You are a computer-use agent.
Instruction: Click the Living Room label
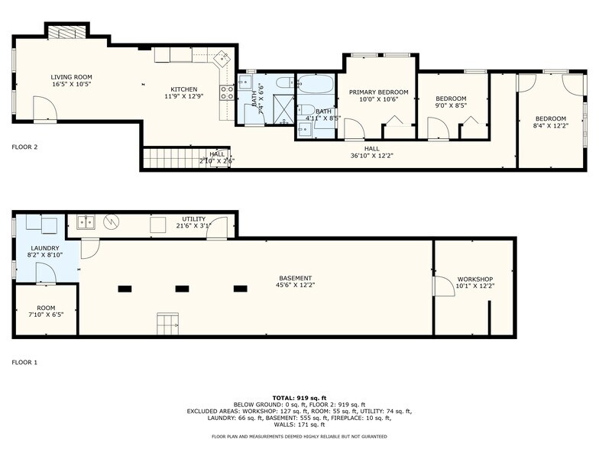coord(71,77)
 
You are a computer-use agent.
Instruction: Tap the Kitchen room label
coord(183,89)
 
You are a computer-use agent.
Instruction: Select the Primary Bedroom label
coord(378,92)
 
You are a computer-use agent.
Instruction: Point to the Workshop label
coord(474,279)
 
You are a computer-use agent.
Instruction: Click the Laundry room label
coord(44,248)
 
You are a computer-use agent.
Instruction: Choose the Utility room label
coord(193,219)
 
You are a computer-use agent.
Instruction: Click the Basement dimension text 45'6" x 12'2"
coord(295,285)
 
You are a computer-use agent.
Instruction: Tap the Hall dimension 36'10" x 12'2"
coord(371,156)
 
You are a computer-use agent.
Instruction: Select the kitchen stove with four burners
coord(227,93)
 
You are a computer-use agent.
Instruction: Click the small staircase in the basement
coord(167,322)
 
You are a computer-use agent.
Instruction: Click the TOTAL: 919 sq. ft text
coord(299,398)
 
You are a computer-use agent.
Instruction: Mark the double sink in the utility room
coord(85,222)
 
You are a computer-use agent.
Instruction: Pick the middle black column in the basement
coord(182,288)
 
